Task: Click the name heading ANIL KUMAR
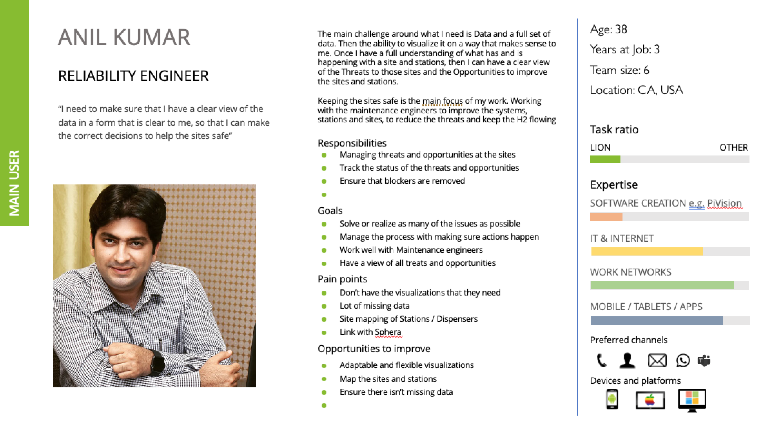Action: coord(124,38)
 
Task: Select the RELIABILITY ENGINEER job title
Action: coord(134,76)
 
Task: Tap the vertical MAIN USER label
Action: coord(14,183)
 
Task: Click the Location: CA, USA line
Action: coord(636,90)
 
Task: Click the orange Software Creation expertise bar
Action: coord(606,217)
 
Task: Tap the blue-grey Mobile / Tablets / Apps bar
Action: coord(657,321)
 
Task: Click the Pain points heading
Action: coord(342,279)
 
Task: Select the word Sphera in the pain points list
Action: coord(388,332)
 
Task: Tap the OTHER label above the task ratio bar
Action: coord(733,147)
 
